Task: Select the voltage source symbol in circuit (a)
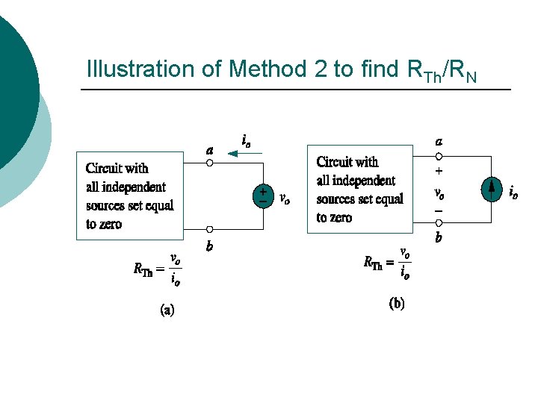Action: point(263,196)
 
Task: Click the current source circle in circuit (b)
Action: point(491,190)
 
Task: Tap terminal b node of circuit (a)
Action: point(210,230)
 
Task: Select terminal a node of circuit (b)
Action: point(439,157)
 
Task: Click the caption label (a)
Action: point(168,310)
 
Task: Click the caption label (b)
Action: point(397,304)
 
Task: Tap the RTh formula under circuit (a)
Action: point(158,269)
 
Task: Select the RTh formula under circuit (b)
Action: point(387,263)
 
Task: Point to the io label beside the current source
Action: point(513,193)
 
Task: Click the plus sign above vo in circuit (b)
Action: point(439,172)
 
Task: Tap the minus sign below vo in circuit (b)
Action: point(439,211)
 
